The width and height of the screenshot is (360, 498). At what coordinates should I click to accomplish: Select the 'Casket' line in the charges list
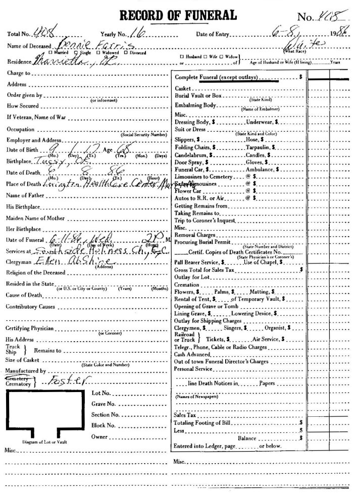[183, 88]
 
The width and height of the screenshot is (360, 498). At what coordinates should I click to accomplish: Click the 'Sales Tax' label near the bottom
[185, 415]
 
